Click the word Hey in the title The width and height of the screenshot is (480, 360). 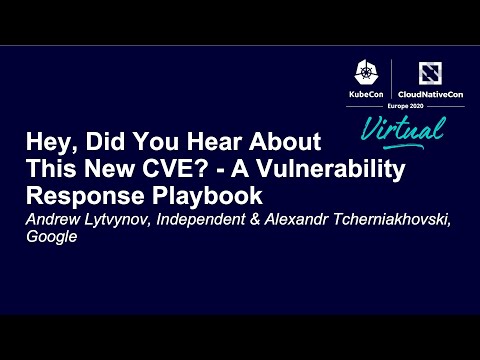point(48,142)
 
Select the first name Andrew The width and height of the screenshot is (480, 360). point(51,220)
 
